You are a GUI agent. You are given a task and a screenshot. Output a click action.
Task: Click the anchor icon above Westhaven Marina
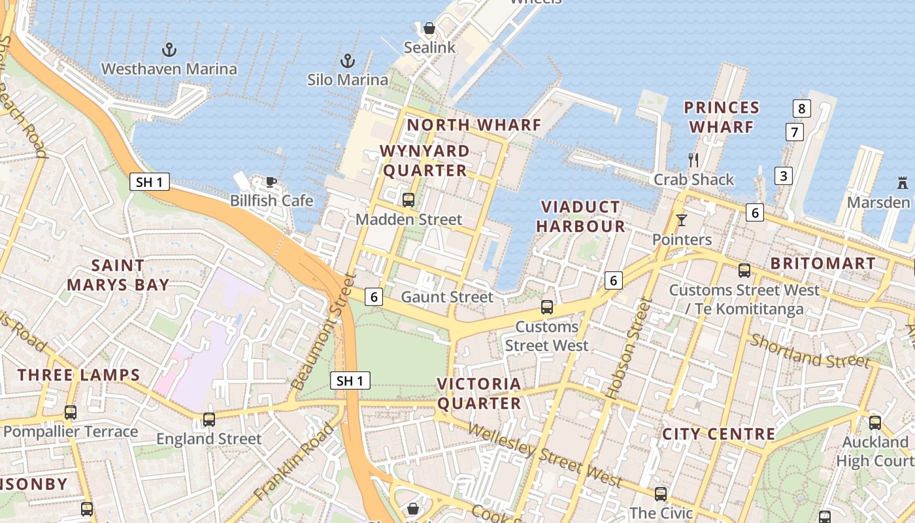pyautogui.click(x=169, y=49)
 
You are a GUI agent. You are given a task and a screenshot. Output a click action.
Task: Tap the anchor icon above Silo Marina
pyautogui.click(x=348, y=61)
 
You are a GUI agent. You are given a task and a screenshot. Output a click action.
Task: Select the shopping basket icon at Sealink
pyautogui.click(x=429, y=28)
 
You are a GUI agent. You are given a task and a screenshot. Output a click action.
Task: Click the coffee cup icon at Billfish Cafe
pyautogui.click(x=271, y=182)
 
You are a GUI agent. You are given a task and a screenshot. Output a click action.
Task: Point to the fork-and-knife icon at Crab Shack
pyautogui.click(x=694, y=160)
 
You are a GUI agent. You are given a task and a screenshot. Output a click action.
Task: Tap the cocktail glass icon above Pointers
pyautogui.click(x=682, y=220)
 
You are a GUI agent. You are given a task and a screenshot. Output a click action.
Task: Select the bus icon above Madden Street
pyautogui.click(x=408, y=200)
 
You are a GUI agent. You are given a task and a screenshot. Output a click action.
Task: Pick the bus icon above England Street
pyautogui.click(x=209, y=420)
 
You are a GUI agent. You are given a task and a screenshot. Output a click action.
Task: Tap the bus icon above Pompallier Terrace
pyautogui.click(x=71, y=413)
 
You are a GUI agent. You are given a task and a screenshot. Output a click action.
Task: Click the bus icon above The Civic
pyautogui.click(x=661, y=494)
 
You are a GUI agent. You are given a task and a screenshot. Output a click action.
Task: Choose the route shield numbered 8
pyautogui.click(x=802, y=109)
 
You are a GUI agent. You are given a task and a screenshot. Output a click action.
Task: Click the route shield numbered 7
pyautogui.click(x=794, y=132)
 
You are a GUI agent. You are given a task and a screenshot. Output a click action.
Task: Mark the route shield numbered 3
pyautogui.click(x=784, y=175)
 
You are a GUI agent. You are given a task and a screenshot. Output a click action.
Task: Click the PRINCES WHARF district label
pyautogui.click(x=722, y=117)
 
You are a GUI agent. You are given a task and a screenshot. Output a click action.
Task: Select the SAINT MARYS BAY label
pyautogui.click(x=118, y=275)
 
